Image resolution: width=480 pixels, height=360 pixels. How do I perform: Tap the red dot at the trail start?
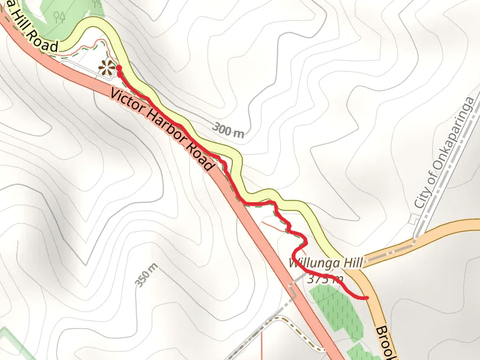pos(119,68)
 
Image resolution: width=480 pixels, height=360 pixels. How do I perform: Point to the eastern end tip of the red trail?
pos(366,298)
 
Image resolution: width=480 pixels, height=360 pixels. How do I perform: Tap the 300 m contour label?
pos(228,131)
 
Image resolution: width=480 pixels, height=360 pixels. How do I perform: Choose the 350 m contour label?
pos(146,275)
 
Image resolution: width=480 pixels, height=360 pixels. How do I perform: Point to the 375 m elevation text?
pos(325,278)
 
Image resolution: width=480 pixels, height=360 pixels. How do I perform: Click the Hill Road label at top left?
pos(30,36)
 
